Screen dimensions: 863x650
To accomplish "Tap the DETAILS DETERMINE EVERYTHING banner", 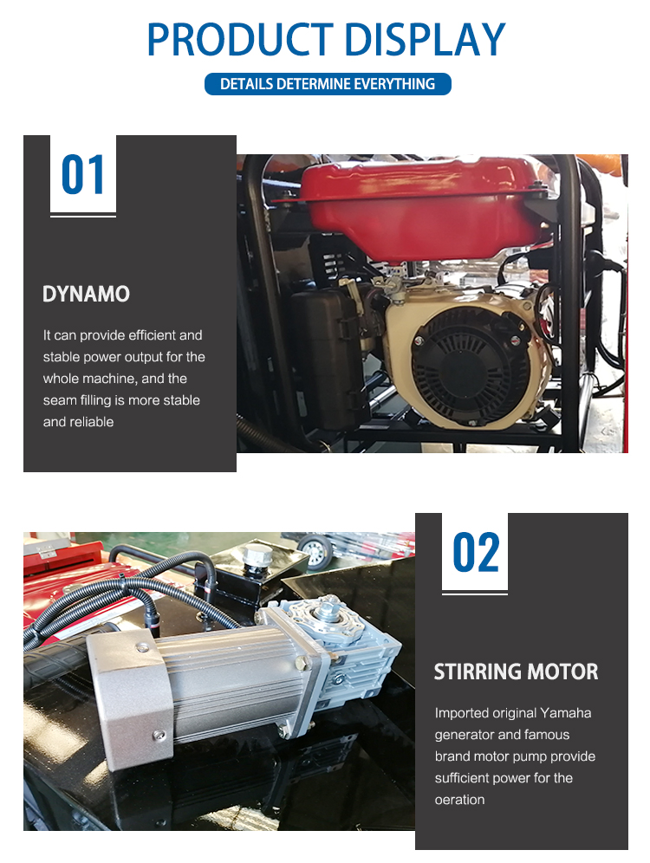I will [327, 84].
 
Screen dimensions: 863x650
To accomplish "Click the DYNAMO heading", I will [86, 295].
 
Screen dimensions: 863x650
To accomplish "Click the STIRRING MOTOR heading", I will [516, 672].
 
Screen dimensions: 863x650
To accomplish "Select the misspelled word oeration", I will [459, 800].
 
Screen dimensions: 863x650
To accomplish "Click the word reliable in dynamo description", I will [90, 422].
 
